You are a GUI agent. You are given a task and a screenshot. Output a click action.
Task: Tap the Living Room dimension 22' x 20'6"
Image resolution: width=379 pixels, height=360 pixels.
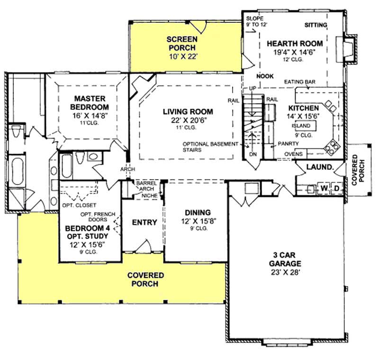point(188,120)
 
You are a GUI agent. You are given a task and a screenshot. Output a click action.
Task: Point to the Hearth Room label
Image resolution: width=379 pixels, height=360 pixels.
point(291,43)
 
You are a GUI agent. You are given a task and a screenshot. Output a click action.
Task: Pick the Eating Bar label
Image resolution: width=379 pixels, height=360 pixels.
point(300,82)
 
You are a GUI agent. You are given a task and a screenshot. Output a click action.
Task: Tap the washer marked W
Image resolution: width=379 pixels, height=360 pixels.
point(324,188)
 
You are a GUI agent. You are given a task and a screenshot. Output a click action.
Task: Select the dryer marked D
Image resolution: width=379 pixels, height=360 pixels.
point(337,188)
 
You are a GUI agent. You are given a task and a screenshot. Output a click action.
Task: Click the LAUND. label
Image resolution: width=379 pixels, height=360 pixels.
point(320,167)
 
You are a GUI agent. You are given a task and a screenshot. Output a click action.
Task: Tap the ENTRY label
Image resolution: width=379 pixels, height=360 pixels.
point(144,222)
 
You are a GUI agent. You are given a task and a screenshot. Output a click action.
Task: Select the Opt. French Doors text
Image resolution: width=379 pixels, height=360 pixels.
point(98,217)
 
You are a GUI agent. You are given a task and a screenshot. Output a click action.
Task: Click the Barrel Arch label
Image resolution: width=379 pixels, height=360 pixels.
point(143,185)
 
